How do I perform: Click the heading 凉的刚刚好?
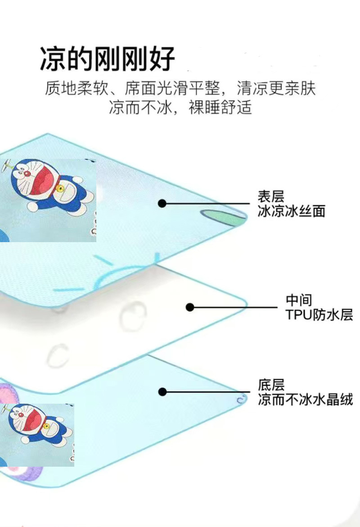[x=107, y=59]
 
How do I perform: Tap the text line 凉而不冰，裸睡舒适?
[x=180, y=108]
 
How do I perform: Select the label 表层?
[x=271, y=197]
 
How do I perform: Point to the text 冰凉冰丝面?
[x=291, y=211]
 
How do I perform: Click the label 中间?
[x=299, y=300]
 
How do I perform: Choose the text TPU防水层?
[x=319, y=314]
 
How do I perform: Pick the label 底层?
[x=271, y=385]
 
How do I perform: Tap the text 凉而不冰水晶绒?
[x=305, y=400]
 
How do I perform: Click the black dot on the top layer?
[x=162, y=204]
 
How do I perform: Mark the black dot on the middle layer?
[x=190, y=307]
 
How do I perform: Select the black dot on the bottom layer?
[x=162, y=392]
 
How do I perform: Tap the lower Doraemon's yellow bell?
[x=45, y=425]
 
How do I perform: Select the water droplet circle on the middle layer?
[x=133, y=314]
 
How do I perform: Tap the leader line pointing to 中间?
[x=234, y=307]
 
